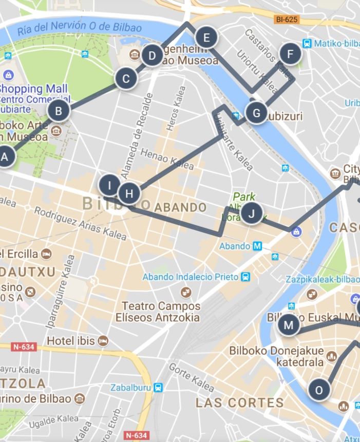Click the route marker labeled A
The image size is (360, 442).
click(5, 157)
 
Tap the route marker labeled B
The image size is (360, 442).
click(59, 111)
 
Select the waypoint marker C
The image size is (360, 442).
click(126, 80)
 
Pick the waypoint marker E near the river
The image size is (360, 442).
click(206, 37)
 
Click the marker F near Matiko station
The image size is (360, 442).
click(290, 54)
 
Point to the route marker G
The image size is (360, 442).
click(256, 112)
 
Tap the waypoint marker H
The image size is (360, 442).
click(129, 194)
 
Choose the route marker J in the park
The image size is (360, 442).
click(251, 213)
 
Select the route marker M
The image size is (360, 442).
click(288, 325)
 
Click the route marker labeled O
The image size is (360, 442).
click(319, 390)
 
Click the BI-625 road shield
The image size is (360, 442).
click(287, 20)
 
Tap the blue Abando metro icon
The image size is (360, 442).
click(257, 246)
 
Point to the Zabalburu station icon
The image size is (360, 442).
click(159, 387)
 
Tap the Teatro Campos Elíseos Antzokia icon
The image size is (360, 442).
click(185, 293)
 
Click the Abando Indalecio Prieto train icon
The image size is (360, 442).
click(246, 277)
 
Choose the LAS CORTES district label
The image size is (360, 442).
click(239, 402)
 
